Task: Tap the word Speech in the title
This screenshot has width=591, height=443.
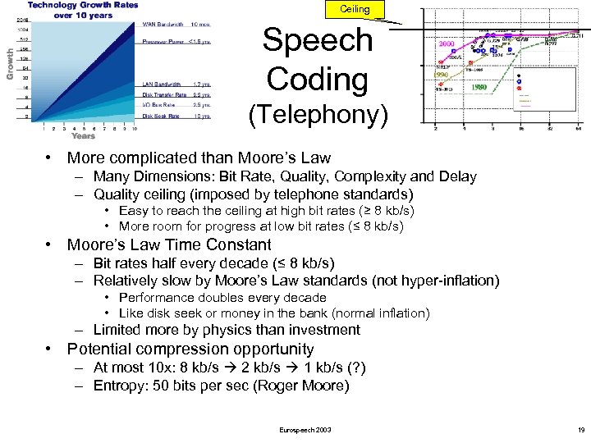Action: [x=318, y=39]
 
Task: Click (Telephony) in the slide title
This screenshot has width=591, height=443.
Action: [x=318, y=116]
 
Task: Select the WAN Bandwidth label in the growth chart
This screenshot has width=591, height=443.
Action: [x=163, y=25]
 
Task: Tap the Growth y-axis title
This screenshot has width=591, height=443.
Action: [x=10, y=63]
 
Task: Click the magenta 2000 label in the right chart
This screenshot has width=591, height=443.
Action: [x=449, y=44]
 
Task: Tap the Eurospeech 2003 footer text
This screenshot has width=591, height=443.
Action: [x=305, y=429]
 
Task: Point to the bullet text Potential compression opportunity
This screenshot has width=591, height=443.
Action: [x=190, y=349]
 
